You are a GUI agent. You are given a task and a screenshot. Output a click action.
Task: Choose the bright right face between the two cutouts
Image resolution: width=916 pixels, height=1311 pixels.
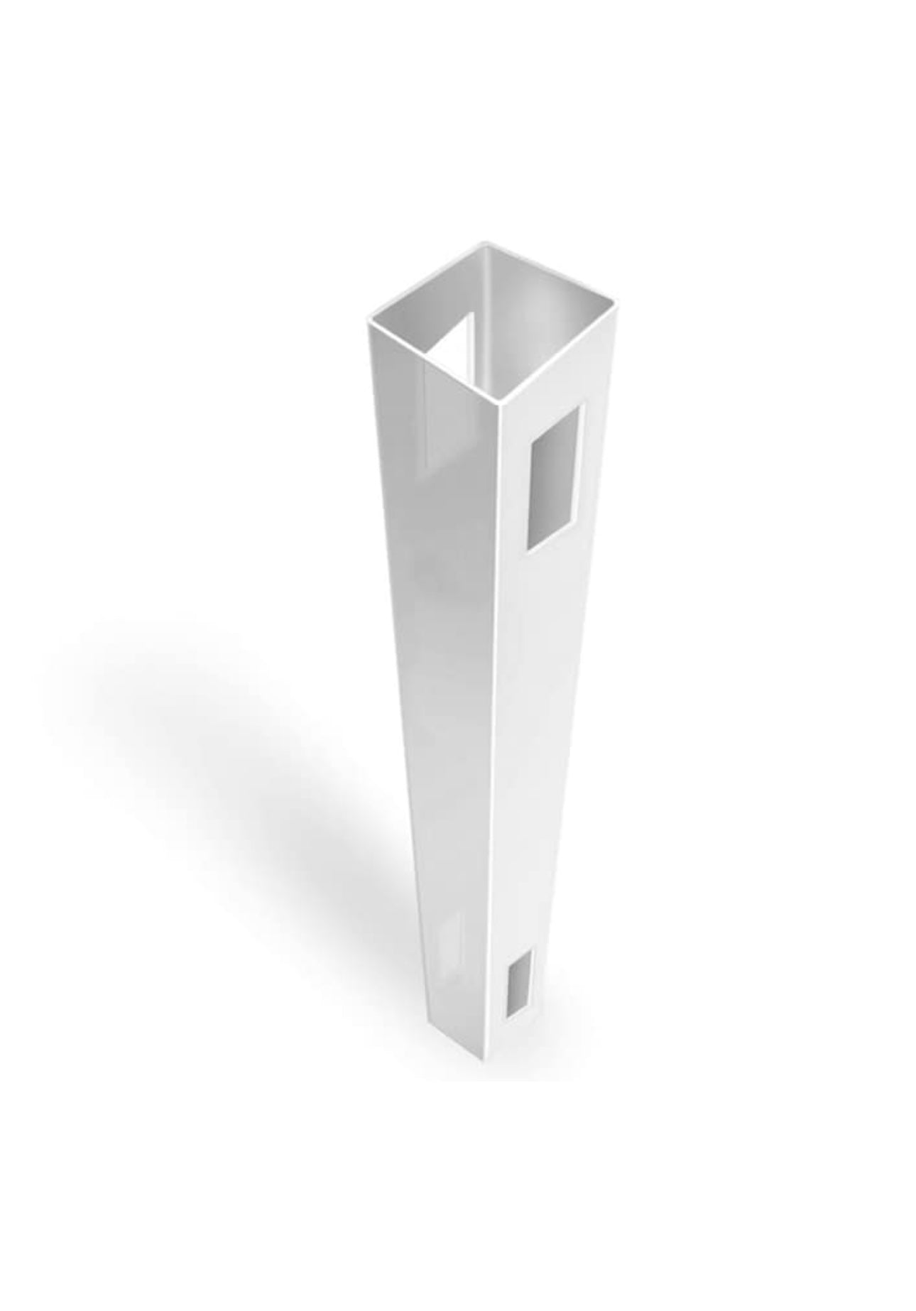click(536, 746)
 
